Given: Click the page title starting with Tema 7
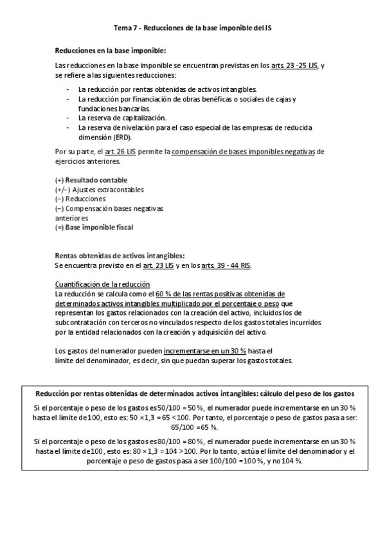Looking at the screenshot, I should [192, 29].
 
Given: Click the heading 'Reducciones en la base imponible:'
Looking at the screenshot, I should [110, 50].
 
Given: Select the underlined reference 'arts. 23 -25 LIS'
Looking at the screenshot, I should [294, 66].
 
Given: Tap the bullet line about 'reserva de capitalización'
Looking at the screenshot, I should [122, 118].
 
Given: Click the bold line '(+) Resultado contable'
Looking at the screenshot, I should [91, 180].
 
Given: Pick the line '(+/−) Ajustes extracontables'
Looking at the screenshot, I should [100, 190].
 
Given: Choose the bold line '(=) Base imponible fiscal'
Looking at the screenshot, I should [94, 227].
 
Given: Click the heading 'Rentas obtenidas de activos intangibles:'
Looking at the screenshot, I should [120, 256].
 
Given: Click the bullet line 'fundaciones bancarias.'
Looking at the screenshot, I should [110, 109].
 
